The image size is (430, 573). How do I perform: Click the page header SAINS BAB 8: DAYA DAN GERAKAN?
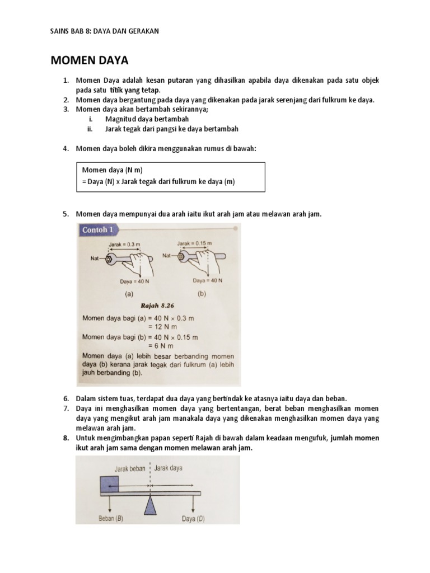pos(105,31)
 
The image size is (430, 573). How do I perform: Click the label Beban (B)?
pos(111,518)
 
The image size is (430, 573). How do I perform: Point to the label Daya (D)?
pos(193,518)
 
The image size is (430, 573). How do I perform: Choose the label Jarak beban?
pos(130,468)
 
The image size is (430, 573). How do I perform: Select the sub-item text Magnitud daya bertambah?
pos(147,119)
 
